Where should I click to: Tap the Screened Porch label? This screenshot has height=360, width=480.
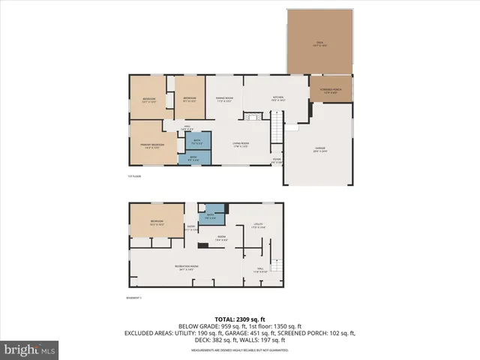point(331,91)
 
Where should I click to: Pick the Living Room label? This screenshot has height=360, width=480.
point(240,144)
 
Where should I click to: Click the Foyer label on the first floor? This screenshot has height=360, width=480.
point(277,160)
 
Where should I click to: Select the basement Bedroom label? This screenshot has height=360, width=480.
point(156,222)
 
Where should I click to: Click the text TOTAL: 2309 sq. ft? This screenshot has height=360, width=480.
point(240,319)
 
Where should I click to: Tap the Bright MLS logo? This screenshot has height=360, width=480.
point(30,349)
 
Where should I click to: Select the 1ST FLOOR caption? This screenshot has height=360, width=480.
point(134,176)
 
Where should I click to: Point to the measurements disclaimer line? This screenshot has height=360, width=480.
point(240,349)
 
